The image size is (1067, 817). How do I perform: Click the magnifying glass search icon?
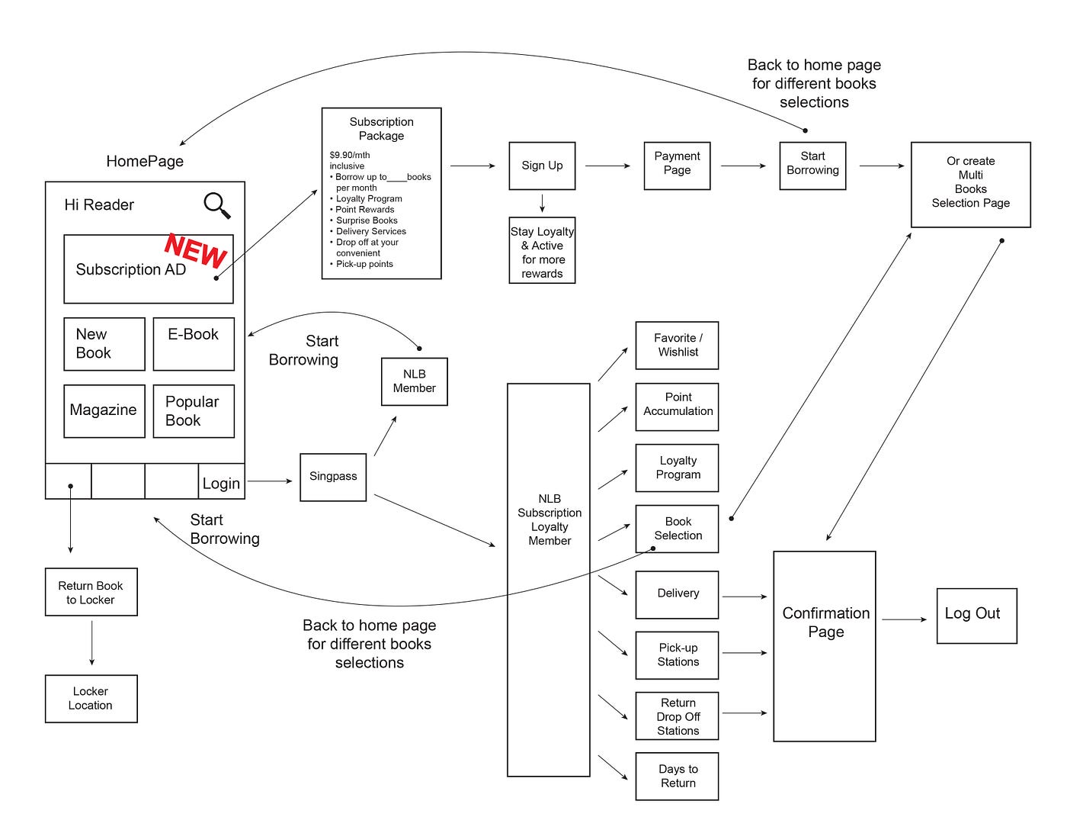coord(216,205)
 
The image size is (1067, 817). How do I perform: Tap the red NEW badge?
coord(195,249)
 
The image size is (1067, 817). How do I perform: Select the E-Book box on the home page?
coord(194,343)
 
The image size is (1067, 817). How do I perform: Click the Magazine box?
coord(104,410)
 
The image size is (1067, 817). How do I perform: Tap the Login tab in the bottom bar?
coord(221,482)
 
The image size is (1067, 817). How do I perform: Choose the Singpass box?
coord(333,477)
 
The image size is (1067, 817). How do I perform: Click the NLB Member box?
coord(414,381)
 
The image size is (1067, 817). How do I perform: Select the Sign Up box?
coord(542,166)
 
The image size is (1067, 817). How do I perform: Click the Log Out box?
coord(976,615)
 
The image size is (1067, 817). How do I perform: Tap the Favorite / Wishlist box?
coord(677,346)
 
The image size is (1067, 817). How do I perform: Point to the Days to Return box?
coord(677,777)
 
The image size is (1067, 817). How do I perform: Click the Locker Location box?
coord(91,698)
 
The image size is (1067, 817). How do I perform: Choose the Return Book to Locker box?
coord(91,592)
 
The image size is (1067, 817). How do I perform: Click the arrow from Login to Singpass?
coord(270,481)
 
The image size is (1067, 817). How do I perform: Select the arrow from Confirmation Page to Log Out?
coord(905,619)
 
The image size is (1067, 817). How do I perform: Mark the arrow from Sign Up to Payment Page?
coord(607,166)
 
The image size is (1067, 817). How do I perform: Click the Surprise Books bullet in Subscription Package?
coord(367,220)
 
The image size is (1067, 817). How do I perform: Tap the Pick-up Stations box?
coord(677,655)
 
